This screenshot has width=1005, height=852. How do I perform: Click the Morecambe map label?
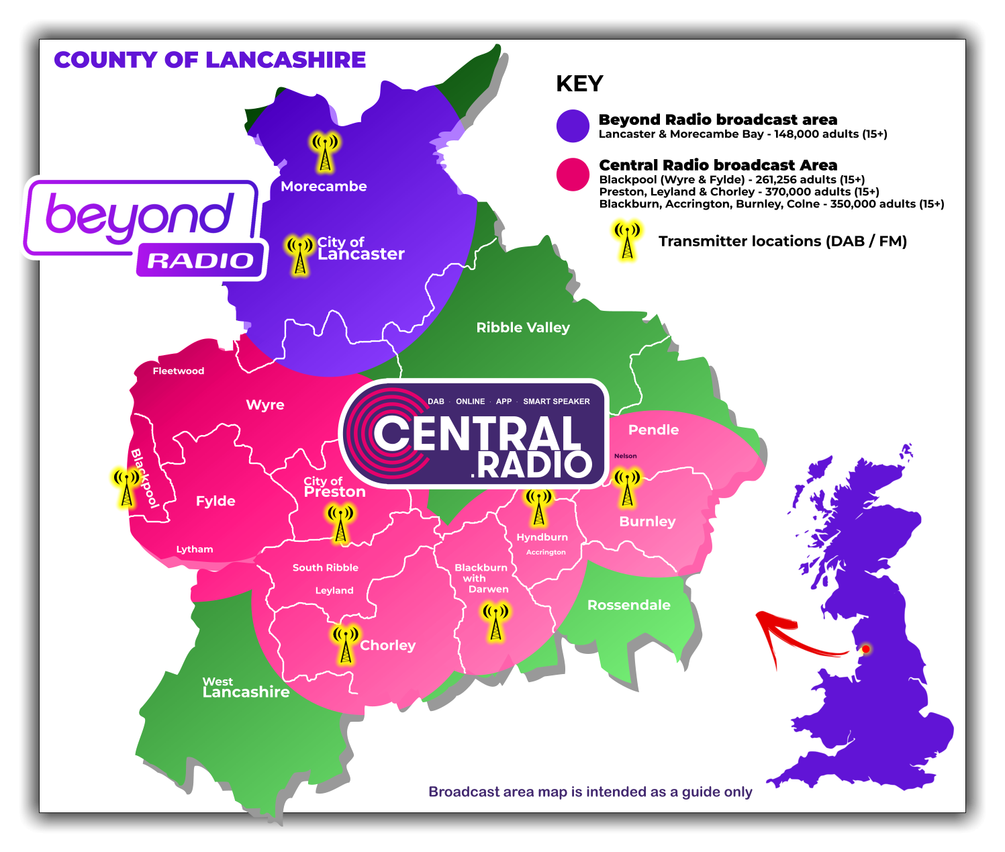point(324,186)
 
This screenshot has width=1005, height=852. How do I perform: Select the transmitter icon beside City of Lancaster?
point(300,254)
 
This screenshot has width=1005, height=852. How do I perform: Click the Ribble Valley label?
point(523,328)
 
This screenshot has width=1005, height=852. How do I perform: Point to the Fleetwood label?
point(178,371)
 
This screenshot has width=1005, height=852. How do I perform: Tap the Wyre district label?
point(265,405)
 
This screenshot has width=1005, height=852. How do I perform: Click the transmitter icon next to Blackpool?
point(127,487)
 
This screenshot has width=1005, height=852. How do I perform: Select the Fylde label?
point(216,501)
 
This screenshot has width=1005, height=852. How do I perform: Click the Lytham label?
point(195,549)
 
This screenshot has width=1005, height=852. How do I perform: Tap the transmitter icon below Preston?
point(341,524)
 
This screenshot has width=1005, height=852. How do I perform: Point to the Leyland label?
point(334,591)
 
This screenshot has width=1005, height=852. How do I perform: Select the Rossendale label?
point(628,605)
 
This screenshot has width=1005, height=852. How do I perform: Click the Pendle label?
point(653,430)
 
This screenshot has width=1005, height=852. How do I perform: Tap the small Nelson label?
point(625,456)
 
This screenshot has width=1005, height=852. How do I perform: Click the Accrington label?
point(546,553)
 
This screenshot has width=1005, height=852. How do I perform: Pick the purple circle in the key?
point(573,126)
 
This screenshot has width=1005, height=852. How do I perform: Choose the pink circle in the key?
point(573,175)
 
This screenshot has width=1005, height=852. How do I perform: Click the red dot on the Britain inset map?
point(866,649)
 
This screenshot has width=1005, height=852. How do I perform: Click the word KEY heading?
point(579,84)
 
